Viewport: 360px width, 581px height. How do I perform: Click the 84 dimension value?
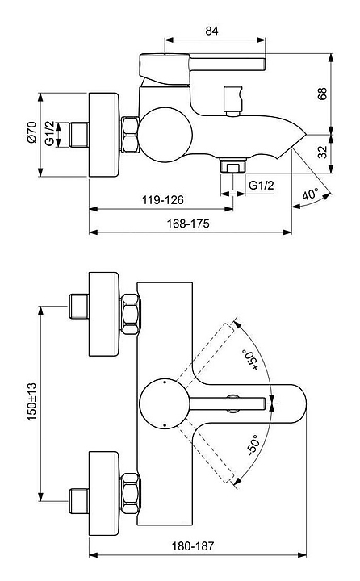(x=211, y=31)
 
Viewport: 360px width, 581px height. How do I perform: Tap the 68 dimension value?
(x=322, y=94)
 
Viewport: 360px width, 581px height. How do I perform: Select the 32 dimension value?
(x=322, y=152)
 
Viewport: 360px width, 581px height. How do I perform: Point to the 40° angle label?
(x=310, y=194)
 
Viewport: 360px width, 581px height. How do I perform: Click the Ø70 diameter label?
(x=31, y=132)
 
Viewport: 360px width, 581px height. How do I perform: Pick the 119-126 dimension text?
(x=163, y=200)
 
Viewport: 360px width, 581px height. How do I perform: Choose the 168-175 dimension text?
(x=188, y=224)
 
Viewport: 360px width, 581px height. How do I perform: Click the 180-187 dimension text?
(x=192, y=545)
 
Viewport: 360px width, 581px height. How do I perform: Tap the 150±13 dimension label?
(x=32, y=402)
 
